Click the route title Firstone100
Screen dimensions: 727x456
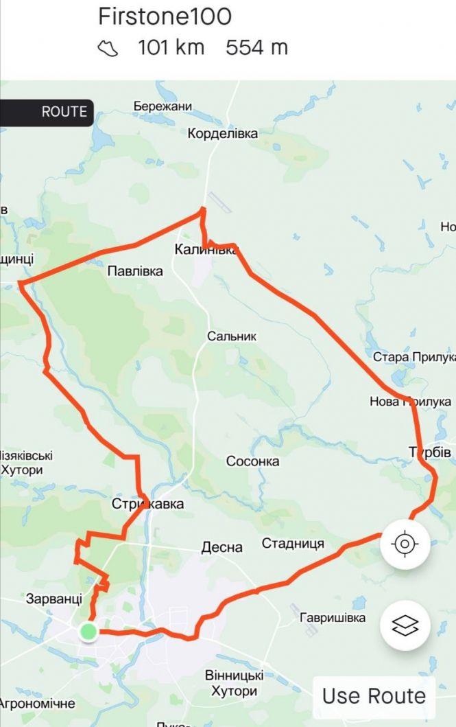point(165,16)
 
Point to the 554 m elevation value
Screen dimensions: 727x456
point(256,48)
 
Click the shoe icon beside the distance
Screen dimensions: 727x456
point(108,48)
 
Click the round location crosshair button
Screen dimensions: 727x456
point(405,545)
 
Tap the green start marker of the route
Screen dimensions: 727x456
point(88,631)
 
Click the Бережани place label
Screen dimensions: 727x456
point(163,107)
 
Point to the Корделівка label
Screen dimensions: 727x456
point(223,134)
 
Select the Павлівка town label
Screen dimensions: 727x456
point(135,271)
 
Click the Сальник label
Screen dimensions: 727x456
point(232,336)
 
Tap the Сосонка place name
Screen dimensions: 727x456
point(253,461)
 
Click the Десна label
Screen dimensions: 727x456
point(221,548)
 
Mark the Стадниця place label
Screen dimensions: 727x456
point(293,544)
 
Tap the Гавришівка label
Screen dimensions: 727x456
point(333,618)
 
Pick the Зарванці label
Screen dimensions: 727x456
point(54,599)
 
